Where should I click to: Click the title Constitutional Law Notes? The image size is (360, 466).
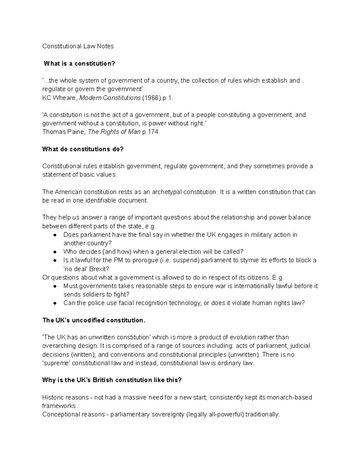[78, 46]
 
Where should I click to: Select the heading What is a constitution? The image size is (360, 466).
[79, 64]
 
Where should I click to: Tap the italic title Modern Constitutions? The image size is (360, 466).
[110, 98]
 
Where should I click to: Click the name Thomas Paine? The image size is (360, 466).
[63, 132]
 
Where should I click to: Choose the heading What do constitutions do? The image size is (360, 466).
[83, 149]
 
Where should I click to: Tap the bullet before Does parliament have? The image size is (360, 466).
[55, 235]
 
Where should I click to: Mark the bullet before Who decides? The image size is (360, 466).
[55, 252]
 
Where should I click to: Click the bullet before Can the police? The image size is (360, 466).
[55, 303]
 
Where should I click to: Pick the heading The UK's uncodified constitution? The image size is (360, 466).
[94, 320]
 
